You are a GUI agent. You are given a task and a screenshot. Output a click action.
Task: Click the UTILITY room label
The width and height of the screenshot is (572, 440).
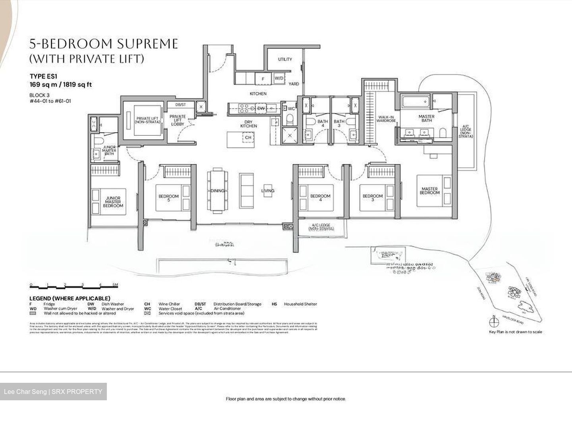(x=285, y=59)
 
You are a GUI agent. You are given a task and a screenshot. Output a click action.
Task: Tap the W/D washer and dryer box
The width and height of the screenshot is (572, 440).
(x=279, y=79)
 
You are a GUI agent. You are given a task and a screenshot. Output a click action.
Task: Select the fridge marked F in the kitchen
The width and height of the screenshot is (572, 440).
(x=263, y=79)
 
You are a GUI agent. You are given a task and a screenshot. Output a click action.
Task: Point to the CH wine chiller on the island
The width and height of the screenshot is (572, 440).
(x=248, y=137)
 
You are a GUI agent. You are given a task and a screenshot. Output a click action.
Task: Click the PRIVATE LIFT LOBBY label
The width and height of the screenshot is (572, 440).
(x=178, y=120)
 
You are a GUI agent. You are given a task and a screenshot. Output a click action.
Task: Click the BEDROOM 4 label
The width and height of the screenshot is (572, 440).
(x=320, y=196)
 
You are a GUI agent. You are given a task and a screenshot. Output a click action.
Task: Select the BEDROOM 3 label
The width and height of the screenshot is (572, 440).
(x=373, y=196)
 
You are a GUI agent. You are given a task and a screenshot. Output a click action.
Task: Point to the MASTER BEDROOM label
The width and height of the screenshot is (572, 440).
(x=430, y=191)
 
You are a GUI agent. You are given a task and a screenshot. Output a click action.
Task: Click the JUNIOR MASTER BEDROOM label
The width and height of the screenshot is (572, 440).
(x=113, y=202)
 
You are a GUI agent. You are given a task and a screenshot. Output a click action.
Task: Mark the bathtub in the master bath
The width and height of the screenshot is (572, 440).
(x=415, y=102)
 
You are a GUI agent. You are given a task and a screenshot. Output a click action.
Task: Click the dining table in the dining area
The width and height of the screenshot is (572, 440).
(x=218, y=191)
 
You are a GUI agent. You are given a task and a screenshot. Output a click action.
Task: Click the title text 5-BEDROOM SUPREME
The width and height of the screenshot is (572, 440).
(x=104, y=44)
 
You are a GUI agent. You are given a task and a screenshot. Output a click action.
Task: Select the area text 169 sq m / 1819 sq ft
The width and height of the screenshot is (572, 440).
(x=61, y=85)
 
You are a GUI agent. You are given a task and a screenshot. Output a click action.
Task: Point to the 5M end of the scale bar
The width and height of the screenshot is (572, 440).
(x=115, y=285)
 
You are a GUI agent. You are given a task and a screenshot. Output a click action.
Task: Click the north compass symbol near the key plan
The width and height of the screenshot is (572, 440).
(x=494, y=322)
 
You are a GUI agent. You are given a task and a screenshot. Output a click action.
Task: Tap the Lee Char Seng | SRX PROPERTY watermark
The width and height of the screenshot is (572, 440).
(x=53, y=392)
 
